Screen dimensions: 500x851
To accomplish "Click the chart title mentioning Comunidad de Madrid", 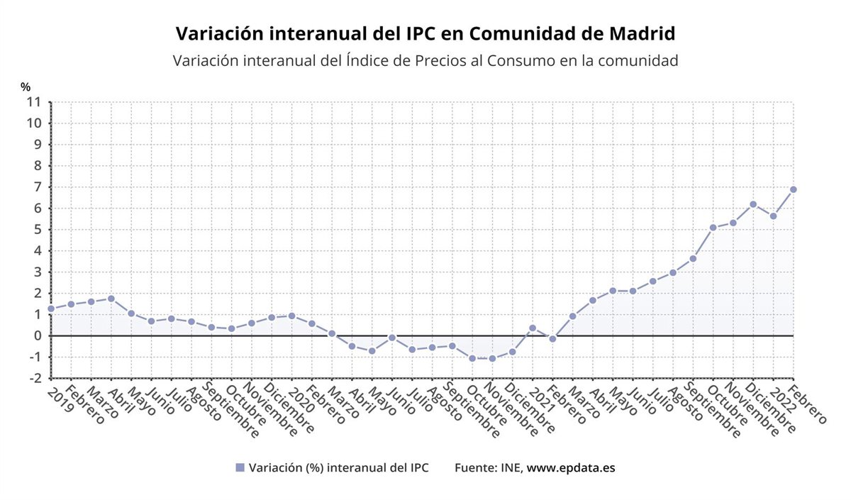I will [425, 33].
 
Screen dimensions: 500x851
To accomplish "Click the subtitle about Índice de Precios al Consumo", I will [425, 60].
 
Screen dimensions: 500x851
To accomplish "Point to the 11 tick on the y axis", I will [34, 101].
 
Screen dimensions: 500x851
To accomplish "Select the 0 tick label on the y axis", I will [37, 335].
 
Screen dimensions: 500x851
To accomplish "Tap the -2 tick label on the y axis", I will [34, 378].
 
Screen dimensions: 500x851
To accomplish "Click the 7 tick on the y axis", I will [37, 187].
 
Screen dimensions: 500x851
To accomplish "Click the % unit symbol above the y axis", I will [26, 87].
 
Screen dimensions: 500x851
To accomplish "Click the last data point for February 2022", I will [793, 189].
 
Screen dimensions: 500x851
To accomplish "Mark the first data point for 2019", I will [51, 309].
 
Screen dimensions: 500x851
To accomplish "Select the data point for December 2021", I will [753, 204].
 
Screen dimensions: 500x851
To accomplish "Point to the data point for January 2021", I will [533, 328].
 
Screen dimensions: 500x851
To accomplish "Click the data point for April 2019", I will [111, 299].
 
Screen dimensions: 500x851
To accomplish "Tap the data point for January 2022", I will [773, 216].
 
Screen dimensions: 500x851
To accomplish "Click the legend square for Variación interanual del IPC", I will [240, 468].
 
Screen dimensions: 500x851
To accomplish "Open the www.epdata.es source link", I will [571, 468].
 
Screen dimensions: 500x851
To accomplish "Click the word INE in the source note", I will [511, 468].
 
